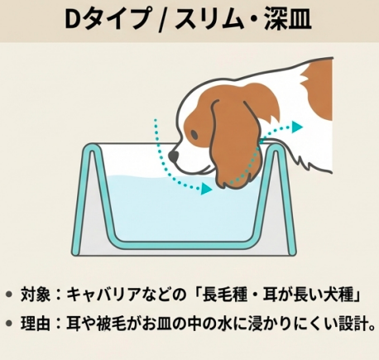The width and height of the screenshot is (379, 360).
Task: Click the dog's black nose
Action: tap(174, 156)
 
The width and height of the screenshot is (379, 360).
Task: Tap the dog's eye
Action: tap(194, 135)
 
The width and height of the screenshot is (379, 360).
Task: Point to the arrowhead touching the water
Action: tap(207, 189)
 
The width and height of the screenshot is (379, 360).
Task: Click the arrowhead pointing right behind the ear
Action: tap(297, 127)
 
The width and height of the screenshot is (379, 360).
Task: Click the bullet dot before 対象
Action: tap(9, 294)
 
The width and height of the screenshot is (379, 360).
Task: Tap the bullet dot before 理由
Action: tap(9, 323)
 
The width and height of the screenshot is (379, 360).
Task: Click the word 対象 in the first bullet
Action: tap(36, 295)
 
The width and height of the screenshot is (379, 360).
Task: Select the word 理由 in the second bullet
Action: tap(36, 323)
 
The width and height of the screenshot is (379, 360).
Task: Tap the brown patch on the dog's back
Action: tap(317, 89)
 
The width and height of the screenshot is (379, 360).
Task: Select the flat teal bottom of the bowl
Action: tap(185, 245)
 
